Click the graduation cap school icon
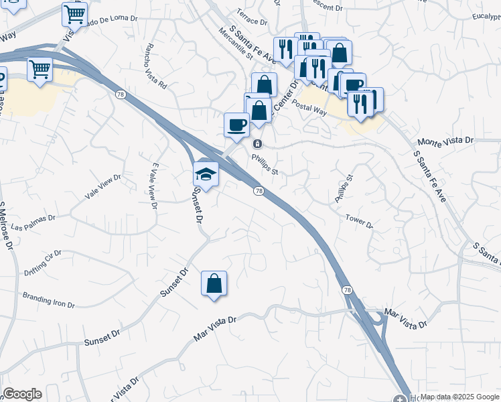pyautogui.click(x=206, y=174)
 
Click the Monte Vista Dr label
pyautogui.click(x=445, y=141)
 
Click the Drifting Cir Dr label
pyautogui.click(x=42, y=257)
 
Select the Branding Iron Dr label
pyautogui.click(x=48, y=299)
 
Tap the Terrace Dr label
pyautogui.click(x=251, y=15)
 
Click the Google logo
pyautogui.click(x=22, y=394)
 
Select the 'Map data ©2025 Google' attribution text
pyautogui.click(x=459, y=397)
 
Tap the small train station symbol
pyautogui.click(x=257, y=144)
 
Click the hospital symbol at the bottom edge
pyautogui.click(x=400, y=398)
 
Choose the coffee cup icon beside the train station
pyautogui.click(x=236, y=125)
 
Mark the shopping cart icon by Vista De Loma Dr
pyautogui.click(x=74, y=13)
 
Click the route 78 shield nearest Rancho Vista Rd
pyautogui.click(x=119, y=94)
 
